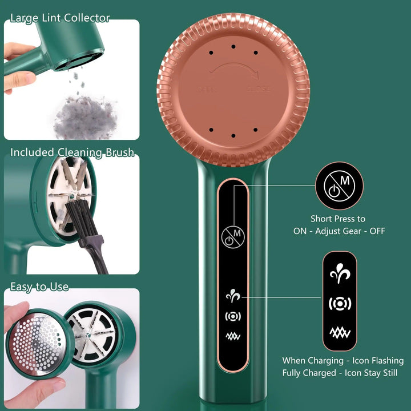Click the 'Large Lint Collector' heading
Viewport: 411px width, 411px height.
(60, 18)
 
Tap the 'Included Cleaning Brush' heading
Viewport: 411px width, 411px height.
(72, 152)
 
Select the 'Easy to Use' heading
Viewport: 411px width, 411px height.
(39, 287)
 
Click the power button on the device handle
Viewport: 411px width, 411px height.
(233, 237)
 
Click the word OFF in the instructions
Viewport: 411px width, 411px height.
(377, 231)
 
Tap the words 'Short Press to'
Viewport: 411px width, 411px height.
(338, 219)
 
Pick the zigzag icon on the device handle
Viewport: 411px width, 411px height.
(233, 336)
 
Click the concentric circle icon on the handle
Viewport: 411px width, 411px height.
(233, 317)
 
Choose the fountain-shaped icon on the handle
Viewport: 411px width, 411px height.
(233, 296)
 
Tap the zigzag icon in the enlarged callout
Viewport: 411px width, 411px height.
(340, 333)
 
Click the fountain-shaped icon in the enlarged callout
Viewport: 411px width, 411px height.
(340, 273)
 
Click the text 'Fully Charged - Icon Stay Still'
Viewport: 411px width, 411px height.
(340, 373)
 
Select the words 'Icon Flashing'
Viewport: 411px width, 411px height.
(378, 361)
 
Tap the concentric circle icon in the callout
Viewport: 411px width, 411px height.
(340, 304)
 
